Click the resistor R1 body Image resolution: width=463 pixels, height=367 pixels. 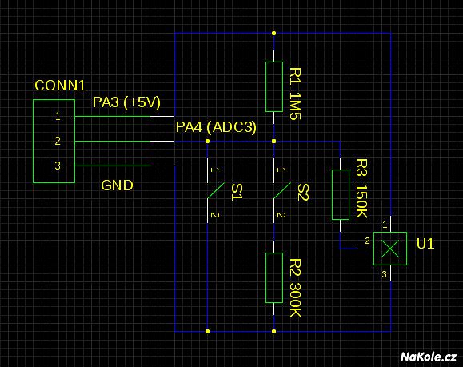(274, 87)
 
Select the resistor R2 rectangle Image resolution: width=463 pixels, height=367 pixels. (274, 277)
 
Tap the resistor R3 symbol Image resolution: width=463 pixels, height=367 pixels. (341, 194)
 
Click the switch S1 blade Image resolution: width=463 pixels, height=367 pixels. (216, 190)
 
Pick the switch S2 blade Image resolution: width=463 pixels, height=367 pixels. (282, 190)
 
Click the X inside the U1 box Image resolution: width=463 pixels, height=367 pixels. (390, 249)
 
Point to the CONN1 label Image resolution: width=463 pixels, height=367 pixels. (60, 86)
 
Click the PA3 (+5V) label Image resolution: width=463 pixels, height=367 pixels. (126, 102)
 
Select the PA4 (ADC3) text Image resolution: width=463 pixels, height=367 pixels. (216, 127)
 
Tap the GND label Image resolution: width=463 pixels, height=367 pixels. (117, 185)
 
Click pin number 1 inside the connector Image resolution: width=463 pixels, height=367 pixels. (58, 116)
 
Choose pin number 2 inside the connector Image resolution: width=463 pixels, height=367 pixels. (58, 141)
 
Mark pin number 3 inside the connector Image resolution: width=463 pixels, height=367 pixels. (58, 166)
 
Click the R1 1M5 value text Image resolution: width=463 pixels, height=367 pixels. (295, 94)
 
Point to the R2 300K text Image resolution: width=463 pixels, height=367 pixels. (295, 288)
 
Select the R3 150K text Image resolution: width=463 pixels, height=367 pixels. (361, 189)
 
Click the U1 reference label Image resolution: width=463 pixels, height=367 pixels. (425, 244)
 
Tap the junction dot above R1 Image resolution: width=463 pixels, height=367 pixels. (274, 33)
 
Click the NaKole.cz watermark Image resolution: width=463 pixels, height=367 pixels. (429, 357)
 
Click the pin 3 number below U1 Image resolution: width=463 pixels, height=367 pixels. (384, 274)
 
